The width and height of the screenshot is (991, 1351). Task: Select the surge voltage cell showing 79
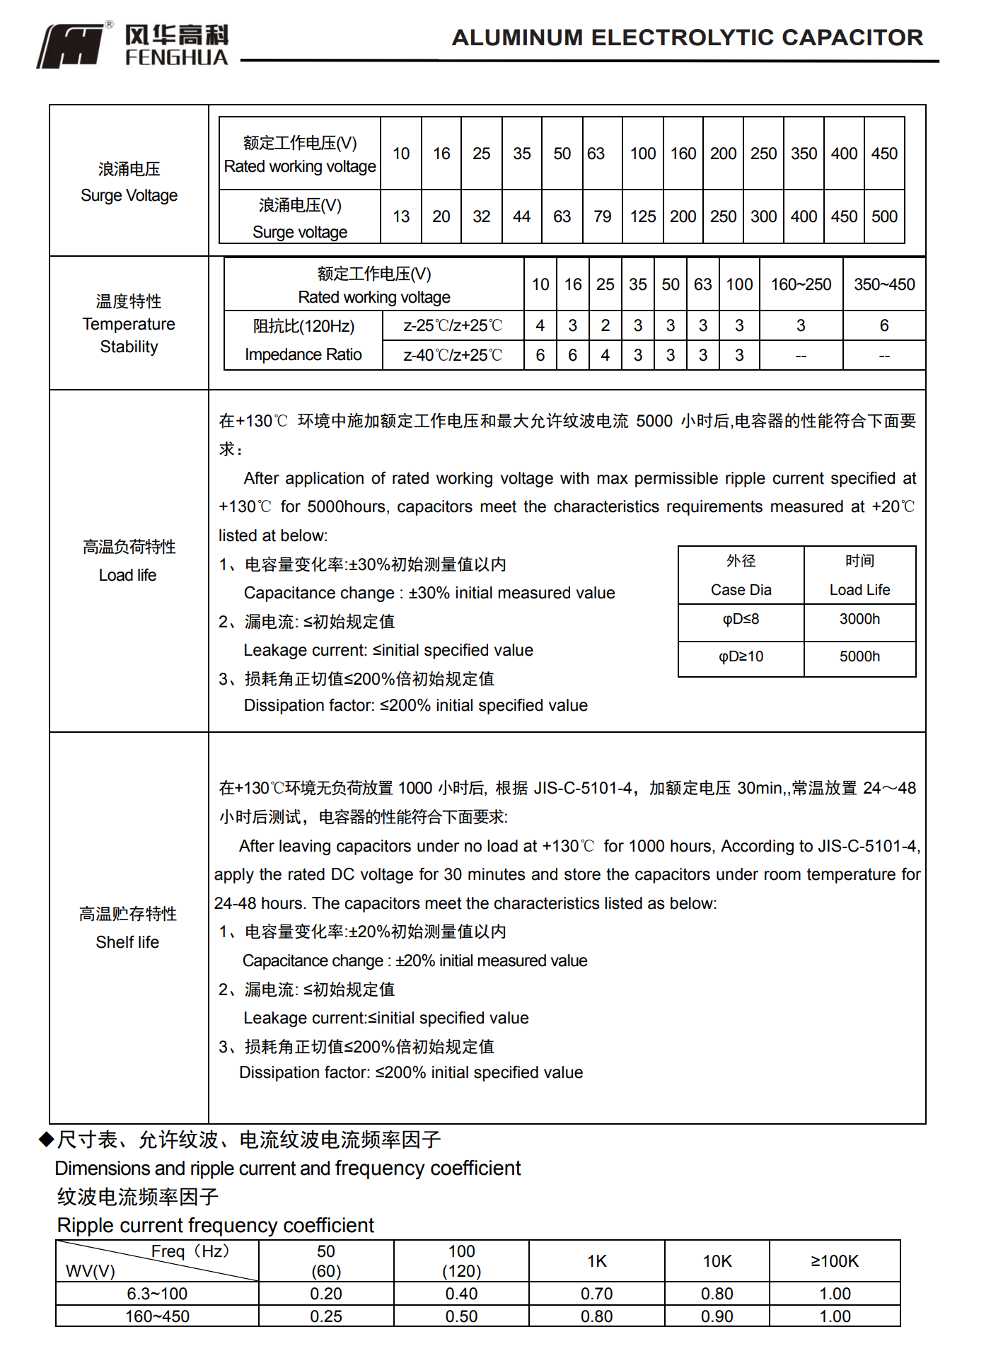click(x=602, y=216)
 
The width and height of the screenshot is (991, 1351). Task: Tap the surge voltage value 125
click(x=643, y=216)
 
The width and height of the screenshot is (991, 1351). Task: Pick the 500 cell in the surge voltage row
click(x=884, y=216)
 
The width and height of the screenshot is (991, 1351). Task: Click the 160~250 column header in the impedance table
click(x=801, y=284)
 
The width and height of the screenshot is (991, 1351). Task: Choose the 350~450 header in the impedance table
click(x=884, y=284)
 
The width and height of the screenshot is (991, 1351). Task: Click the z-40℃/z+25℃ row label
click(x=453, y=355)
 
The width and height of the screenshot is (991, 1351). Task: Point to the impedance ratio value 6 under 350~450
click(x=884, y=325)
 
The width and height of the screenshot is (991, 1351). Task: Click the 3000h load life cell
click(x=859, y=620)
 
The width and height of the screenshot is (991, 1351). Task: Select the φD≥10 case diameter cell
click(x=741, y=657)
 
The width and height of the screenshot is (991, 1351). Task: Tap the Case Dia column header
click(x=741, y=590)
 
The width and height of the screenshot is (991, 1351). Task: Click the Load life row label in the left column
click(x=128, y=575)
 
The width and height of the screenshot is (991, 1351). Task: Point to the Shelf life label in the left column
click(x=127, y=942)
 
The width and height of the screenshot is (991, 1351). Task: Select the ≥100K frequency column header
click(x=835, y=1261)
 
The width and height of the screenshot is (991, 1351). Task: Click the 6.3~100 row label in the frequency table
click(x=157, y=1294)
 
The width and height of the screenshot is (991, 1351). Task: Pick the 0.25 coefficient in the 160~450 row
click(x=326, y=1316)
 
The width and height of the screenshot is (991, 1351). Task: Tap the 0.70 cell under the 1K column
click(x=596, y=1294)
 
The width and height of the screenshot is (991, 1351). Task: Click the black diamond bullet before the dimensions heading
click(x=46, y=1139)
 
